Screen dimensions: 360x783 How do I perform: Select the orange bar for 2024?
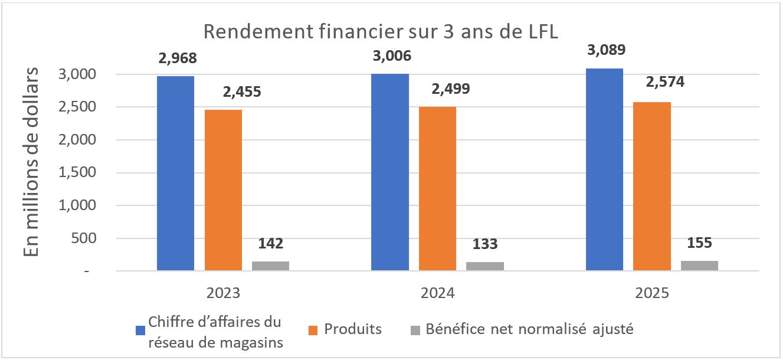pos(437,188)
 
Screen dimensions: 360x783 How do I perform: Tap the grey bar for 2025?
pos(699,266)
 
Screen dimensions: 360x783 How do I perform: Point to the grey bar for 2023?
pos(270,266)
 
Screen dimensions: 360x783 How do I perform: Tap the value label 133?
pos(485,244)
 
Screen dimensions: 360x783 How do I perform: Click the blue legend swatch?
pos(140,329)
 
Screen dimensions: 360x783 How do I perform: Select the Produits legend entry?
pos(353,329)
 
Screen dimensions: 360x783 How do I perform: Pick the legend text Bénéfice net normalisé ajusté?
pos(529,329)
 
